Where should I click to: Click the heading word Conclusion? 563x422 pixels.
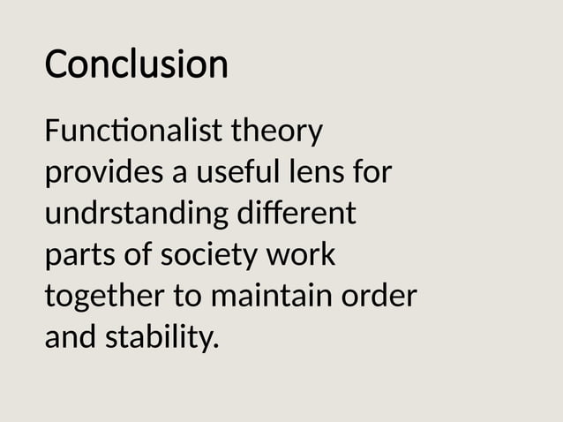point(136,64)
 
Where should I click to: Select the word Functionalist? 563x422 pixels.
point(132,133)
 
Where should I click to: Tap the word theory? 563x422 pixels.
point(276,134)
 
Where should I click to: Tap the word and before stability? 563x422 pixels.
point(71,336)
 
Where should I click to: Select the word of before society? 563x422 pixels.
point(135,255)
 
